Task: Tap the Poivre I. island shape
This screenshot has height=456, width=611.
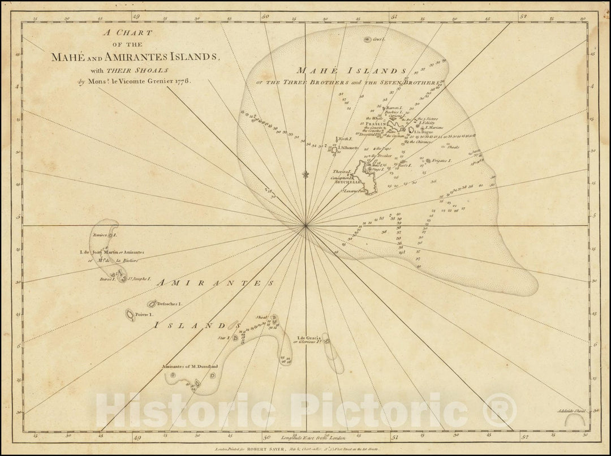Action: tap(130, 315)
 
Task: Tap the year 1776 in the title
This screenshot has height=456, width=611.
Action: tap(182, 80)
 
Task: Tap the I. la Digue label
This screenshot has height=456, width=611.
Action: tap(424, 132)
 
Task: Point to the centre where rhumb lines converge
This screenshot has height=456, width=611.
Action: tap(305, 226)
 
